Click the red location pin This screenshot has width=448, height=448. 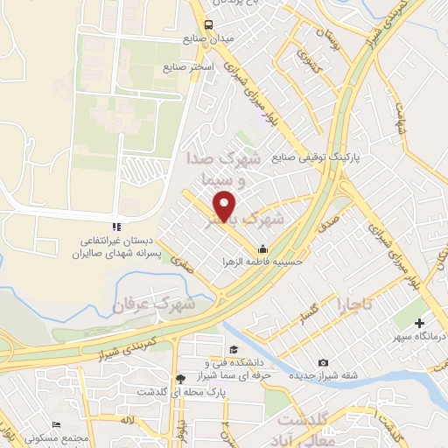click(x=226, y=206)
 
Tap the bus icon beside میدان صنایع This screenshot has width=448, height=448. click(x=207, y=24)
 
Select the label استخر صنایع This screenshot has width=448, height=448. click(x=185, y=66)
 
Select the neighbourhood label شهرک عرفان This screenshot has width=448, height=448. click(x=152, y=304)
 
